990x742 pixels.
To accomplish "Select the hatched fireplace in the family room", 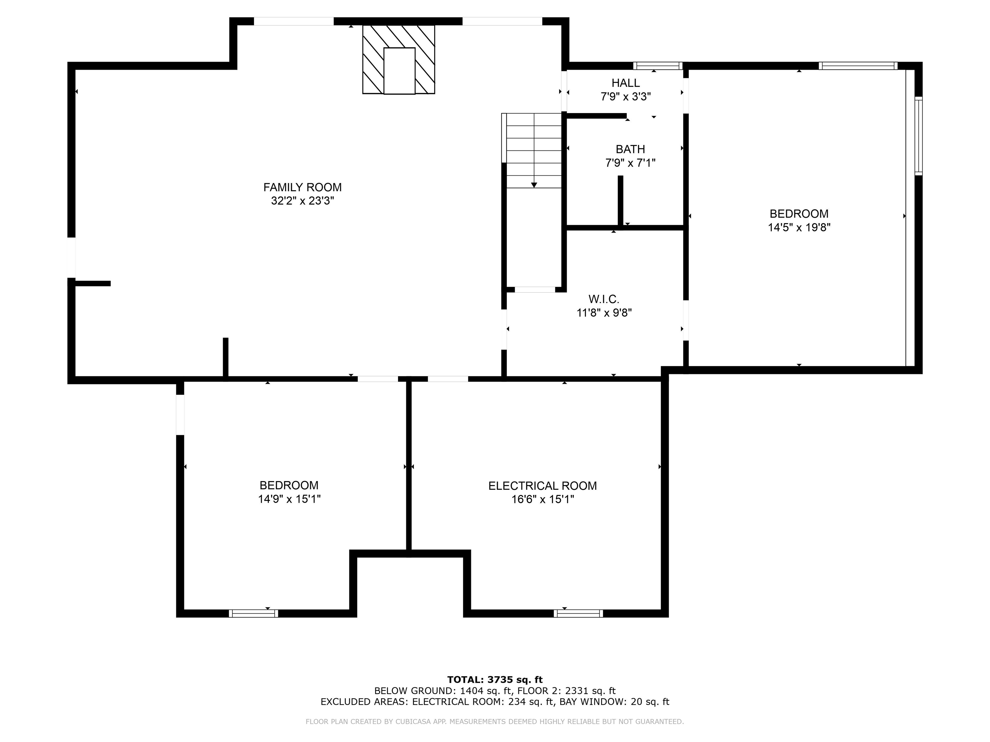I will click(398, 59).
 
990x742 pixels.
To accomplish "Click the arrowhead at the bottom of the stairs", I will click(534, 185).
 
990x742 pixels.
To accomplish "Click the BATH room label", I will click(630, 149).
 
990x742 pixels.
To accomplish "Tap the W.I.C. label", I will click(604, 299).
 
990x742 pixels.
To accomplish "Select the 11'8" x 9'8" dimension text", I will click(604, 313).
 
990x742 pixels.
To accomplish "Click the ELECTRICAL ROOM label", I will click(542, 486).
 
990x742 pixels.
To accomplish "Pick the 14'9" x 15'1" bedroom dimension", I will click(289, 499).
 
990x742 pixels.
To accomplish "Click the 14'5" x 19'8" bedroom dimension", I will click(799, 227).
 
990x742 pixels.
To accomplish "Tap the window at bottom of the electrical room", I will click(578, 614).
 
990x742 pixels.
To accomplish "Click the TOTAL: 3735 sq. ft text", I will click(495, 680).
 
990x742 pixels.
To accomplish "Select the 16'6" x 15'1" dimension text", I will click(542, 499).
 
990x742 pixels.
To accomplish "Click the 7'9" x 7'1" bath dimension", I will click(630, 163).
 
